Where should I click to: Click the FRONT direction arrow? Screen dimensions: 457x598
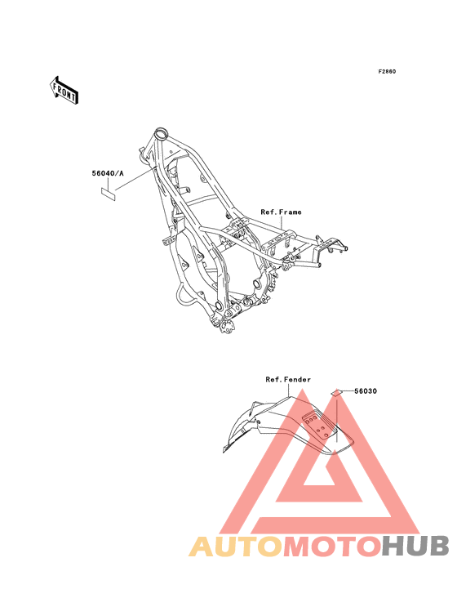point(64,91)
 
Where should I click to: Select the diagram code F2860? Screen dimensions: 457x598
point(387,71)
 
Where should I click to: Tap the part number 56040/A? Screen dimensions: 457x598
point(108,173)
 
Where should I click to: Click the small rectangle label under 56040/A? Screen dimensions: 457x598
point(109,193)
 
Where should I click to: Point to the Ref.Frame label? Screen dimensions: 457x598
point(281,212)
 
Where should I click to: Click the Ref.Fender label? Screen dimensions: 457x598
point(288,380)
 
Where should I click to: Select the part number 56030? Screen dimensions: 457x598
point(366,391)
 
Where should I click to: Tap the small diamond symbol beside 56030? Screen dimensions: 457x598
point(335,392)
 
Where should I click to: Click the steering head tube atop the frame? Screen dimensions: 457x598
point(161,134)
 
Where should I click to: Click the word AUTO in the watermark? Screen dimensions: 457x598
point(236,547)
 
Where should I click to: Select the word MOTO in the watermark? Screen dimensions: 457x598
point(332,547)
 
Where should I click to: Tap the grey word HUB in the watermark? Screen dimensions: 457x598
point(416,547)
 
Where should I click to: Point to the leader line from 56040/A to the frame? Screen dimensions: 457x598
point(134,179)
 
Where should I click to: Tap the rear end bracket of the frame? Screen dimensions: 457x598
point(331,245)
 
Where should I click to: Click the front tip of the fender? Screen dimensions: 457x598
point(224,449)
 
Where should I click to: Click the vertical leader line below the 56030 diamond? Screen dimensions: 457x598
point(337,419)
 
